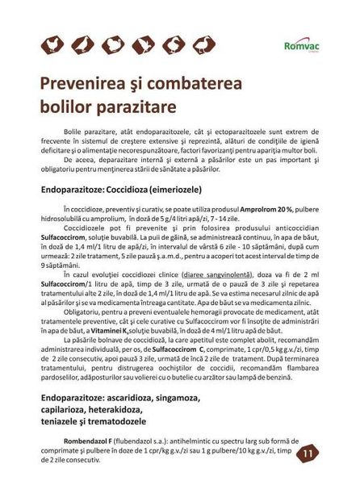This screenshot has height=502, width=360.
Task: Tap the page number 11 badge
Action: [x=308, y=454]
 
